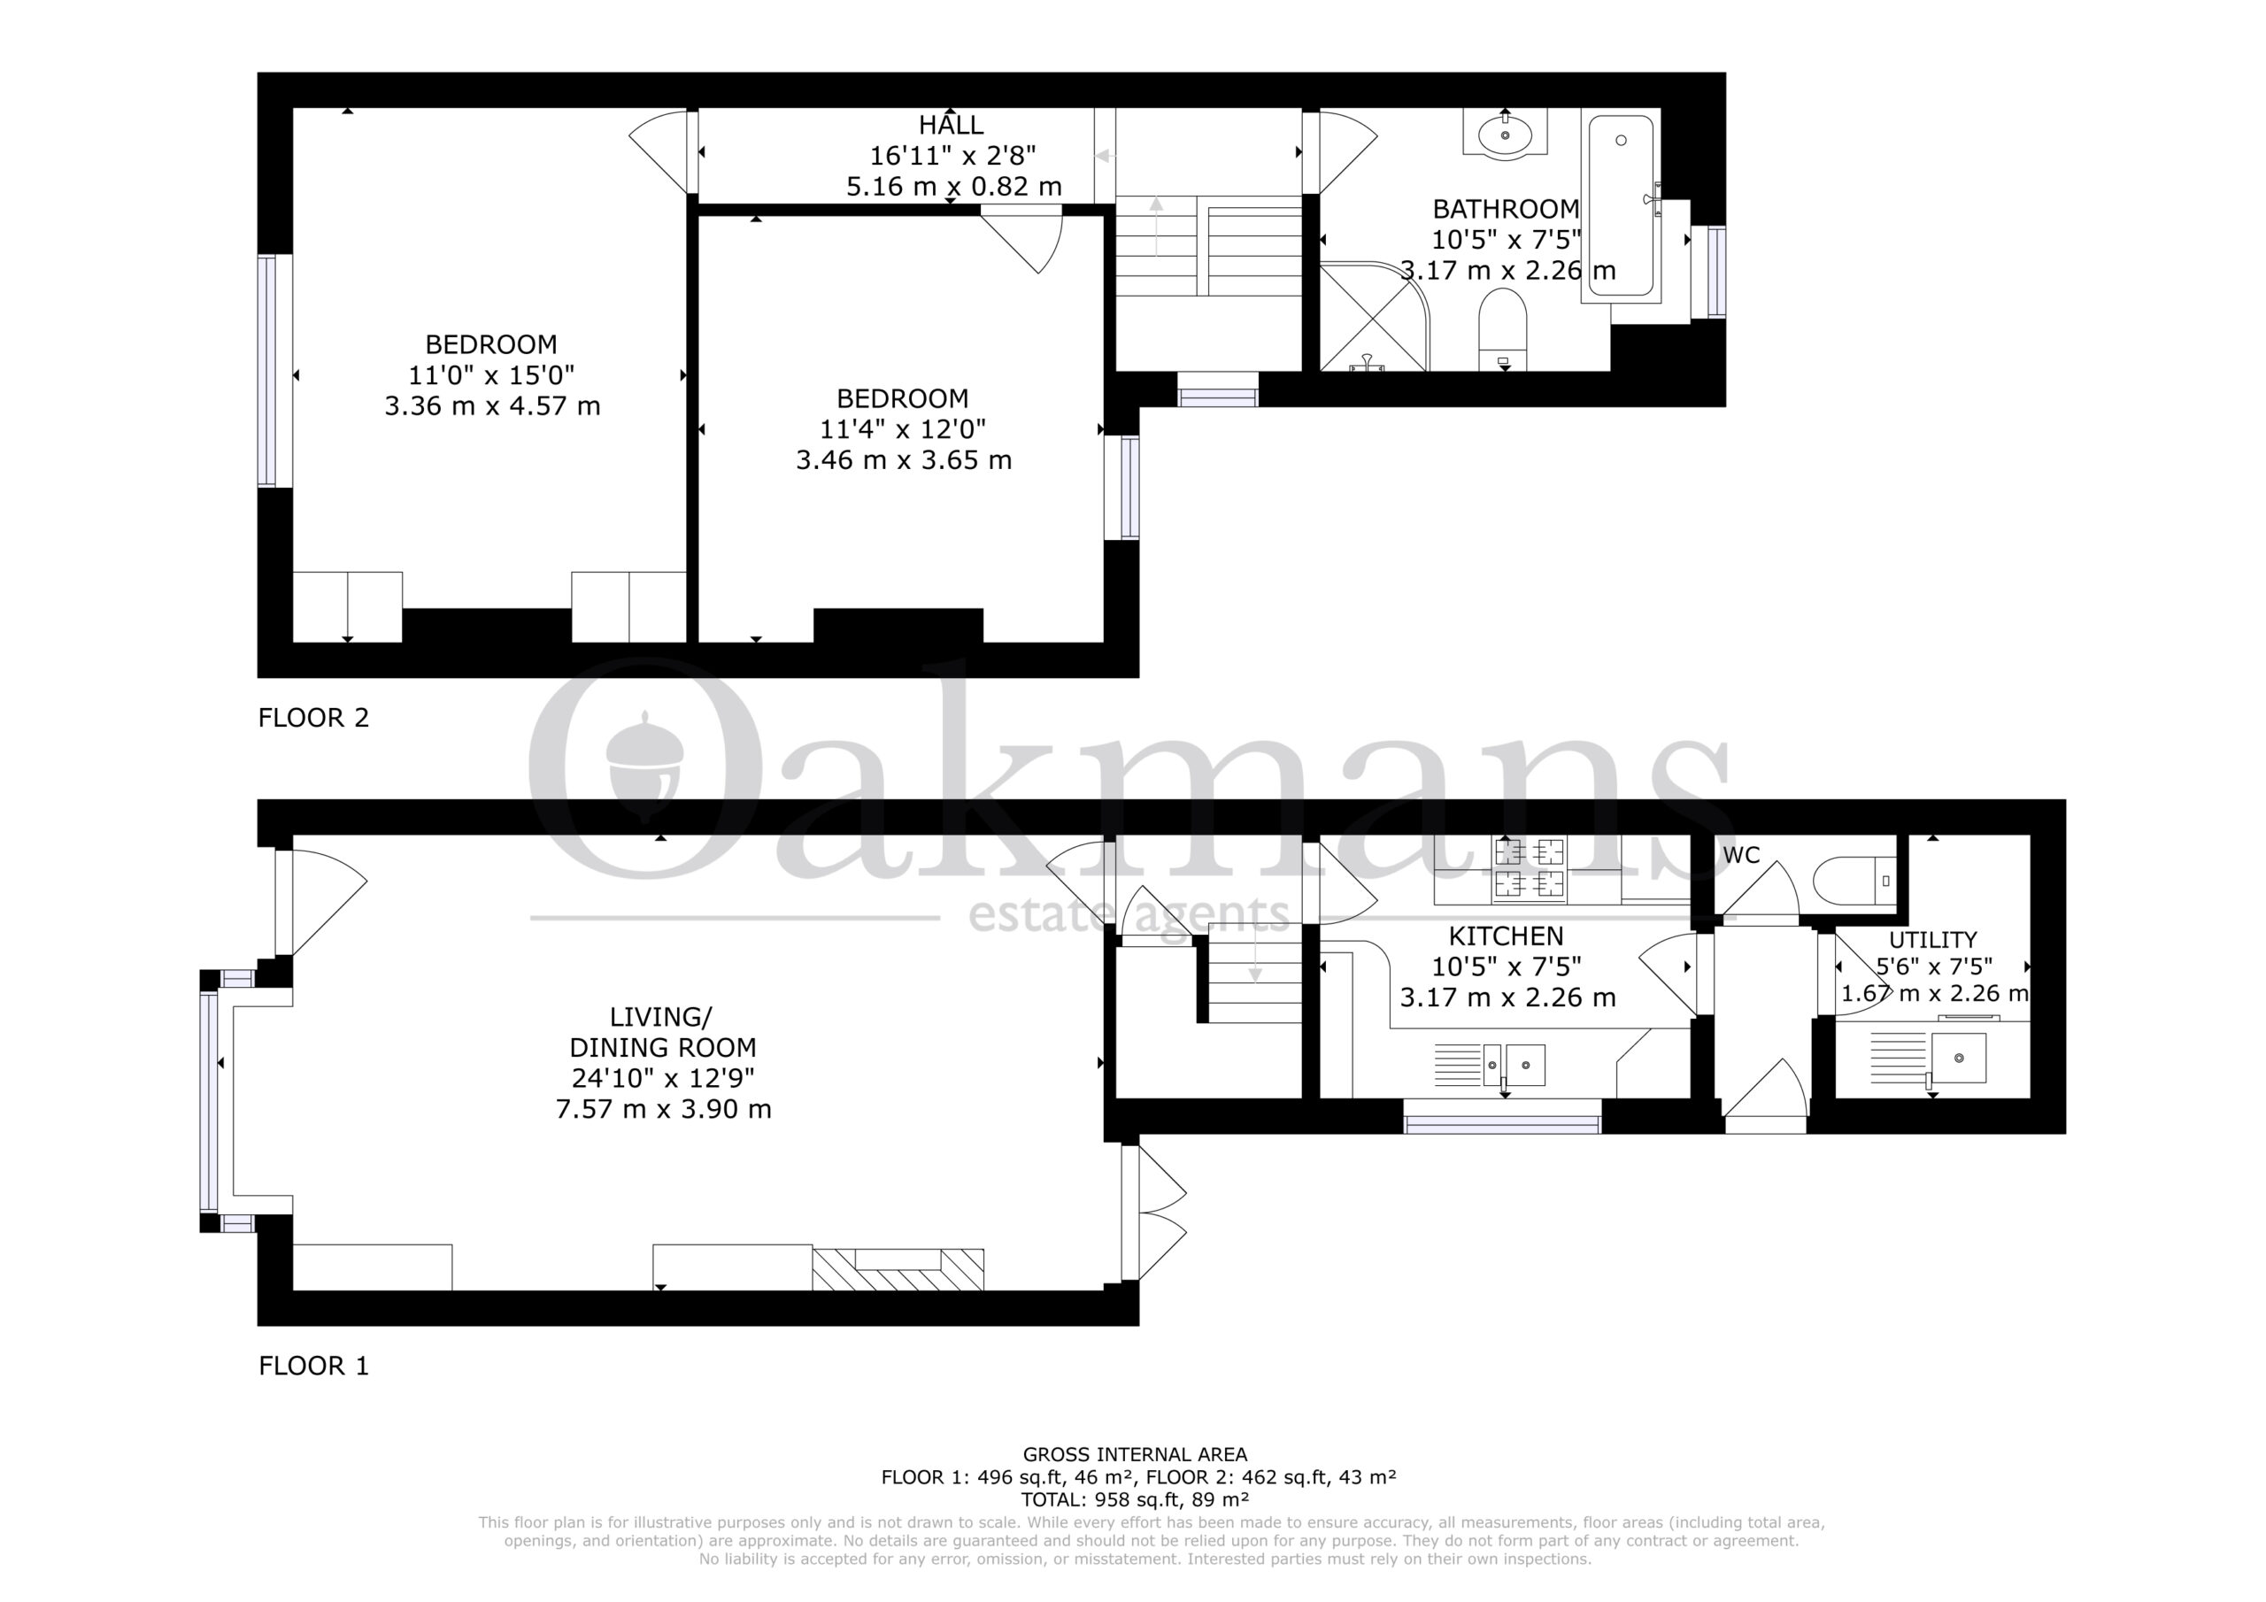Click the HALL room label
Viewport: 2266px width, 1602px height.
click(951, 126)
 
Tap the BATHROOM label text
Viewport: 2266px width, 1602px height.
click(1505, 209)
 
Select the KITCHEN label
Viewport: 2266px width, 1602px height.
click(1505, 936)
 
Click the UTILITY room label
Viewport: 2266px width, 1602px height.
click(1931, 940)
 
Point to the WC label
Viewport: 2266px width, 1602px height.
click(1741, 855)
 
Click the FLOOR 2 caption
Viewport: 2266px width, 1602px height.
click(312, 718)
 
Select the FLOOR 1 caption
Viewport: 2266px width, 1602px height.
click(312, 1366)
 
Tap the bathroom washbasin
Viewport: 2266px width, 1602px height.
click(1505, 134)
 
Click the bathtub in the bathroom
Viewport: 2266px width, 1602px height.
click(1620, 205)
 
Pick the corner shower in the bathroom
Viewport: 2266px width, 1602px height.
click(1374, 316)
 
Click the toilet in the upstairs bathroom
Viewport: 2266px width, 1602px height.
click(1503, 328)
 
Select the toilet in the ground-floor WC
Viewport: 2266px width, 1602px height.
click(1855, 881)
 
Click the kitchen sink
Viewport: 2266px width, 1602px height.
click(1514, 1065)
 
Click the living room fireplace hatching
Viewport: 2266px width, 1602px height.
click(898, 1269)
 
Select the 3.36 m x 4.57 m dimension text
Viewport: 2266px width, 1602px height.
click(492, 405)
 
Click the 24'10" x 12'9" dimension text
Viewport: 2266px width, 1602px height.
click(662, 1078)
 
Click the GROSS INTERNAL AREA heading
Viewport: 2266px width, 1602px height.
click(1135, 1454)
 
